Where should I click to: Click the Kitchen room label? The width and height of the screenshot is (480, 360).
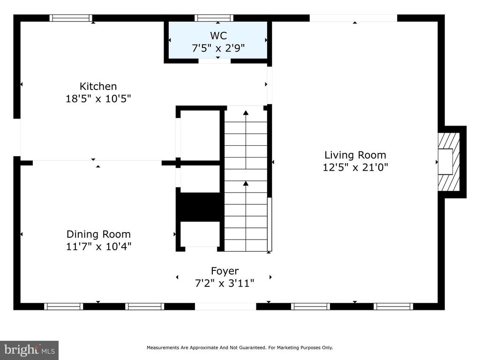click(98, 86)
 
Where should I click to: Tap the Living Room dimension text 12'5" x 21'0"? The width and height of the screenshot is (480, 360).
click(355, 167)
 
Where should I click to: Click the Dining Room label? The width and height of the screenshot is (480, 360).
click(98, 234)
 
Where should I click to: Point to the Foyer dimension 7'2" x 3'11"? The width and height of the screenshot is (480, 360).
click(225, 283)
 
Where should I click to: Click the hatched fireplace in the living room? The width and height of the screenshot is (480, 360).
click(449, 162)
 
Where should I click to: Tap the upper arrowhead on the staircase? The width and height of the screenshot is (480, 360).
click(246, 113)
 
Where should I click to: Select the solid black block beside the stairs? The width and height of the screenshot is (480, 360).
click(200, 207)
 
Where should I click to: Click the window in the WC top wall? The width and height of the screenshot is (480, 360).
click(214, 18)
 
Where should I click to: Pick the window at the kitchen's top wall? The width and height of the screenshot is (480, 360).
click(71, 18)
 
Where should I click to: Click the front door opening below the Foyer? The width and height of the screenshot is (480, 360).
click(225, 306)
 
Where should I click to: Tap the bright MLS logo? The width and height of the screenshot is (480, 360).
click(30, 350)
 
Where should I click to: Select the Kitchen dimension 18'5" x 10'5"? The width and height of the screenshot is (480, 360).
click(98, 99)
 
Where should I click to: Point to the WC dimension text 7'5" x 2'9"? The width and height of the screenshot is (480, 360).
click(218, 48)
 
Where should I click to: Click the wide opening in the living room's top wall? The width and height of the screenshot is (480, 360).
click(353, 18)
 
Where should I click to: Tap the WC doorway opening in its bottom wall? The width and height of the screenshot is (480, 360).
click(215, 61)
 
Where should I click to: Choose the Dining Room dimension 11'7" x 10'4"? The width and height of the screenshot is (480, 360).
click(98, 246)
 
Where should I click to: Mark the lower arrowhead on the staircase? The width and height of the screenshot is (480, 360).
click(246, 183)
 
